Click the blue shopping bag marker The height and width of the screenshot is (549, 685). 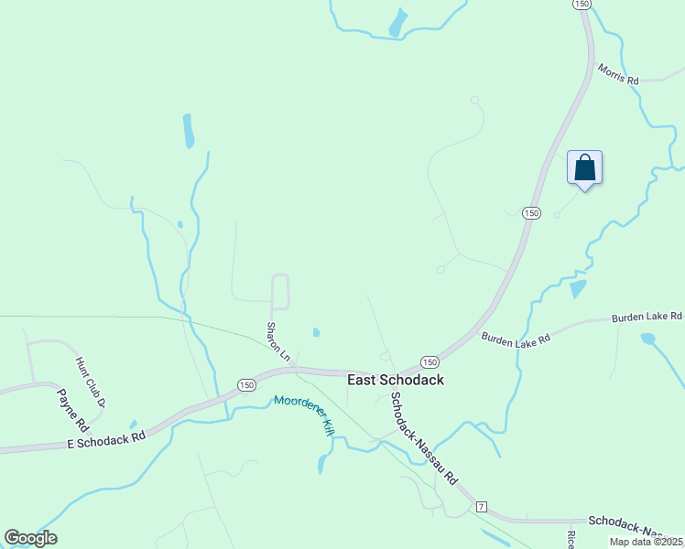584,169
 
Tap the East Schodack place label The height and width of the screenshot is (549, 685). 395,379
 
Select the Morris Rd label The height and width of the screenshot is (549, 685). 618,73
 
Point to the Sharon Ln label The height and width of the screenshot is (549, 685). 277,341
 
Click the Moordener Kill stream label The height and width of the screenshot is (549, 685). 301,414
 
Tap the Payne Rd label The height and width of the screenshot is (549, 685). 71,411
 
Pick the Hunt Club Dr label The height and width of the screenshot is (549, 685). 92,382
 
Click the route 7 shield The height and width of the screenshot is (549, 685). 481,506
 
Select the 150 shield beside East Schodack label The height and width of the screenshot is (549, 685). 429,362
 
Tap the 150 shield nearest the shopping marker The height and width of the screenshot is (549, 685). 531,212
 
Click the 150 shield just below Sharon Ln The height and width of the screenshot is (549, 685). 246,385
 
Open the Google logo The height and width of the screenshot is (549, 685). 30,538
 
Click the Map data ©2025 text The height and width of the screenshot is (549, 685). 646,542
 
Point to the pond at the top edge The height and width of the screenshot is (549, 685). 397,23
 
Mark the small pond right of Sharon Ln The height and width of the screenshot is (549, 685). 316,332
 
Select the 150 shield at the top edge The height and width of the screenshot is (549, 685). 582,5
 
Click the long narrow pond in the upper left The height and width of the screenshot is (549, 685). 189,132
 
